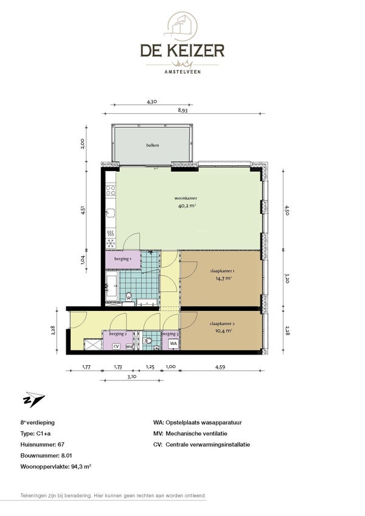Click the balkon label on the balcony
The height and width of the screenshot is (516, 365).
152,145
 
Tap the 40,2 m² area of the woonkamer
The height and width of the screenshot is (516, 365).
187,206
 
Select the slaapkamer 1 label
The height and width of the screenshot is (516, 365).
222,271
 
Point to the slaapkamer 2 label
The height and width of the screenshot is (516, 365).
222,324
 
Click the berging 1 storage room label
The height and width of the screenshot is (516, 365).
123,259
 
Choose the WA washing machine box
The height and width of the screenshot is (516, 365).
173,344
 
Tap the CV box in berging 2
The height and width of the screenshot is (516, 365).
116,346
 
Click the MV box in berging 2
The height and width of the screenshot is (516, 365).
130,346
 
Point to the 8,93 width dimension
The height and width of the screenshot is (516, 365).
182,110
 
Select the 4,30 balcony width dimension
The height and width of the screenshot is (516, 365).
151,102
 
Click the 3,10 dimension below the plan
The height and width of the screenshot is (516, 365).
131,377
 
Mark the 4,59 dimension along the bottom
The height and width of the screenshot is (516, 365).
220,367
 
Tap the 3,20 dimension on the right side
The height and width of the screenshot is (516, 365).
287,279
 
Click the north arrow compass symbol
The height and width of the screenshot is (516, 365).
33,400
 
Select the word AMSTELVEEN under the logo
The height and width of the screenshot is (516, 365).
182,71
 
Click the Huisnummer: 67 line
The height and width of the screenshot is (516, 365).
42,444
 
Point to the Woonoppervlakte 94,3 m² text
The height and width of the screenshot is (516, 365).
55,466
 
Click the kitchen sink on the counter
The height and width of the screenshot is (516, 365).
111,213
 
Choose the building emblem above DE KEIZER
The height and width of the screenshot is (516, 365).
181,26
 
